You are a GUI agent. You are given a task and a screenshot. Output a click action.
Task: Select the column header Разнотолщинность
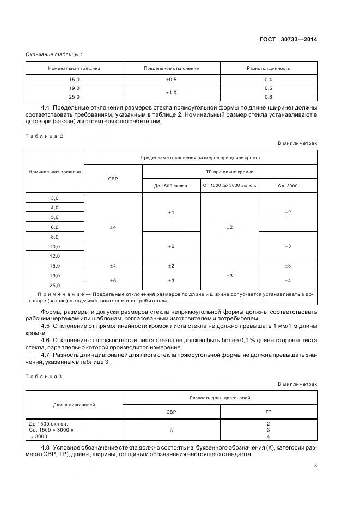tap(269, 69)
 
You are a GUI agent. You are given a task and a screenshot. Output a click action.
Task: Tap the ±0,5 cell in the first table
tap(171, 79)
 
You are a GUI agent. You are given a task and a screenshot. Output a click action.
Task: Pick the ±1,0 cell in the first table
tap(171, 93)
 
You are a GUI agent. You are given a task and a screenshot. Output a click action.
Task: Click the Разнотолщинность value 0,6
tap(269, 97)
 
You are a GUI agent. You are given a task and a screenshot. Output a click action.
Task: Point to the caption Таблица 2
tap(45, 136)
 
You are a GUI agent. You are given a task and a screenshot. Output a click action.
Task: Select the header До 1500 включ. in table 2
tap(171, 186)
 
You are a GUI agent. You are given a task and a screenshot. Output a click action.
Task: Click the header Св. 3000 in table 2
tap(287, 186)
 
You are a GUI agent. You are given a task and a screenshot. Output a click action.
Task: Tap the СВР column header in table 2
tap(113, 179)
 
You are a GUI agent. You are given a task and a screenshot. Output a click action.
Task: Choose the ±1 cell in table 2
tap(171, 212)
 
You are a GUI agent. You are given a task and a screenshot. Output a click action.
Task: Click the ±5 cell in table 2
tap(113, 280)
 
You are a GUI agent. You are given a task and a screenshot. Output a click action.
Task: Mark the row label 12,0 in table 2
tap(54, 256)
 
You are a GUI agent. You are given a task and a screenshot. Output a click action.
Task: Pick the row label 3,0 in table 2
tap(54, 198)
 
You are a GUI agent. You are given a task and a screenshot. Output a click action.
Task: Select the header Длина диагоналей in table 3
tap(74, 405)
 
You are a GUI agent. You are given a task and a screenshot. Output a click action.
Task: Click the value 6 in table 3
tap(171, 430)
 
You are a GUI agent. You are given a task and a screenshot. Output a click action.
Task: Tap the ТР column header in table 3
tap(269, 412)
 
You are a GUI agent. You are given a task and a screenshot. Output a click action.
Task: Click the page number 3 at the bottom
tap(315, 465)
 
